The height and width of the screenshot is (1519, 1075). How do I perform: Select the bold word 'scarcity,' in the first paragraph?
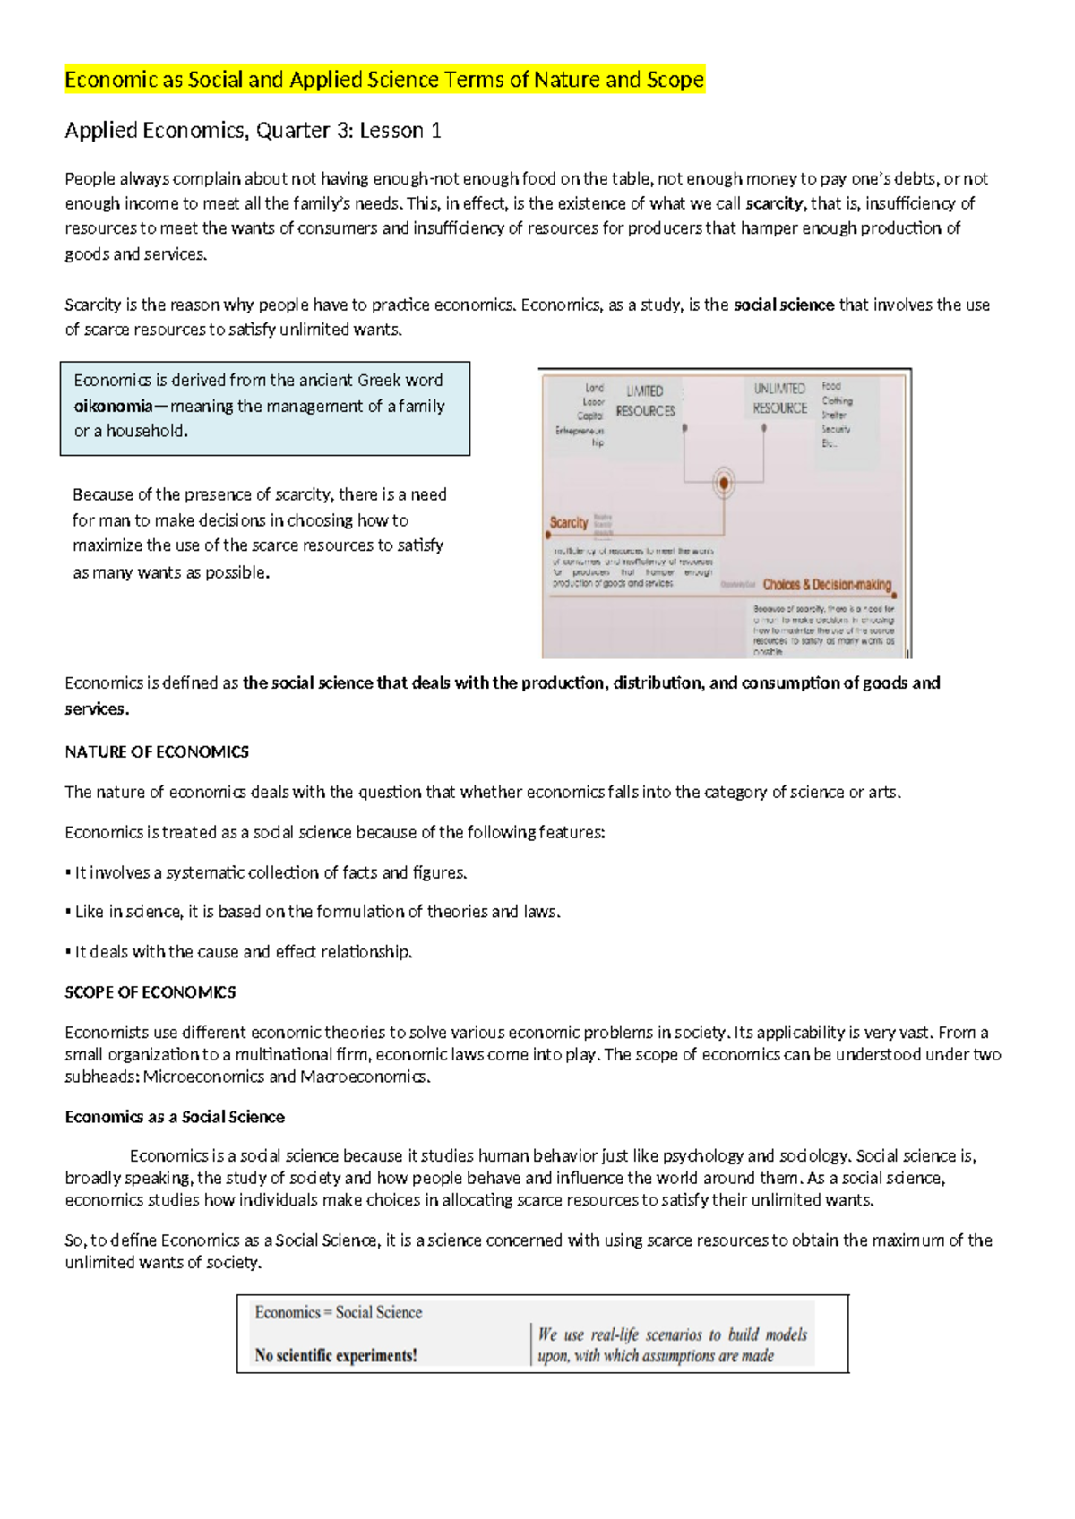click(776, 203)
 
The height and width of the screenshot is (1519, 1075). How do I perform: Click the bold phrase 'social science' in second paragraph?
click(784, 305)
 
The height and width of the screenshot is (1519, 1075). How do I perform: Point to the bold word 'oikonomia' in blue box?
click(113, 406)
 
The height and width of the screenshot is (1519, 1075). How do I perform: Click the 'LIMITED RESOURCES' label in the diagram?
click(645, 401)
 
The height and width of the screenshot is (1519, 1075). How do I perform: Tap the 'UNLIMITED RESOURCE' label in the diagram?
click(779, 399)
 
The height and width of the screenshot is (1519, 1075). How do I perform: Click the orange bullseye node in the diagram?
click(724, 484)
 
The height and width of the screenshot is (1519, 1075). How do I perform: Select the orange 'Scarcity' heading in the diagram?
click(569, 522)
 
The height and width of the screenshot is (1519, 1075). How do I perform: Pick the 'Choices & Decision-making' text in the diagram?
click(827, 585)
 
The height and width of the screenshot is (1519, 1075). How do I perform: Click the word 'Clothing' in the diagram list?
click(837, 401)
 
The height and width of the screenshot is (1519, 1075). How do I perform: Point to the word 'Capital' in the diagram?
click(590, 416)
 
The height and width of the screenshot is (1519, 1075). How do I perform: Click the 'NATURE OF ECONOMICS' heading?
click(157, 751)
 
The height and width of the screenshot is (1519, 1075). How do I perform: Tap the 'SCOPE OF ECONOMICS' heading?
click(150, 992)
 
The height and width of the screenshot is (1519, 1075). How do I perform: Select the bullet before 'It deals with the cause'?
click(68, 952)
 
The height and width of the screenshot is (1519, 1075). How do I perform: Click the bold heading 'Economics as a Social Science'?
click(175, 1117)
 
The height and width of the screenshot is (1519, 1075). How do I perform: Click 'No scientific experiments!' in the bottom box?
click(336, 1355)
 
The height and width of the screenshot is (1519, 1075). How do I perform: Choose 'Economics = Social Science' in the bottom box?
click(338, 1312)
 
